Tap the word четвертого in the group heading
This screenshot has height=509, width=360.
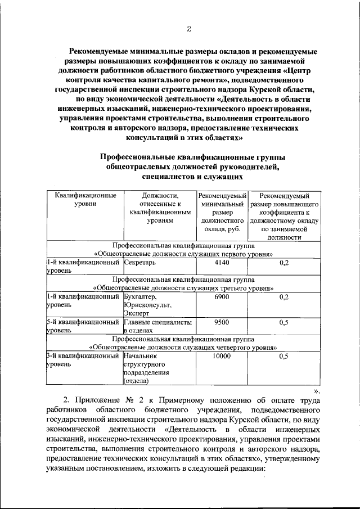point(224,348)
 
